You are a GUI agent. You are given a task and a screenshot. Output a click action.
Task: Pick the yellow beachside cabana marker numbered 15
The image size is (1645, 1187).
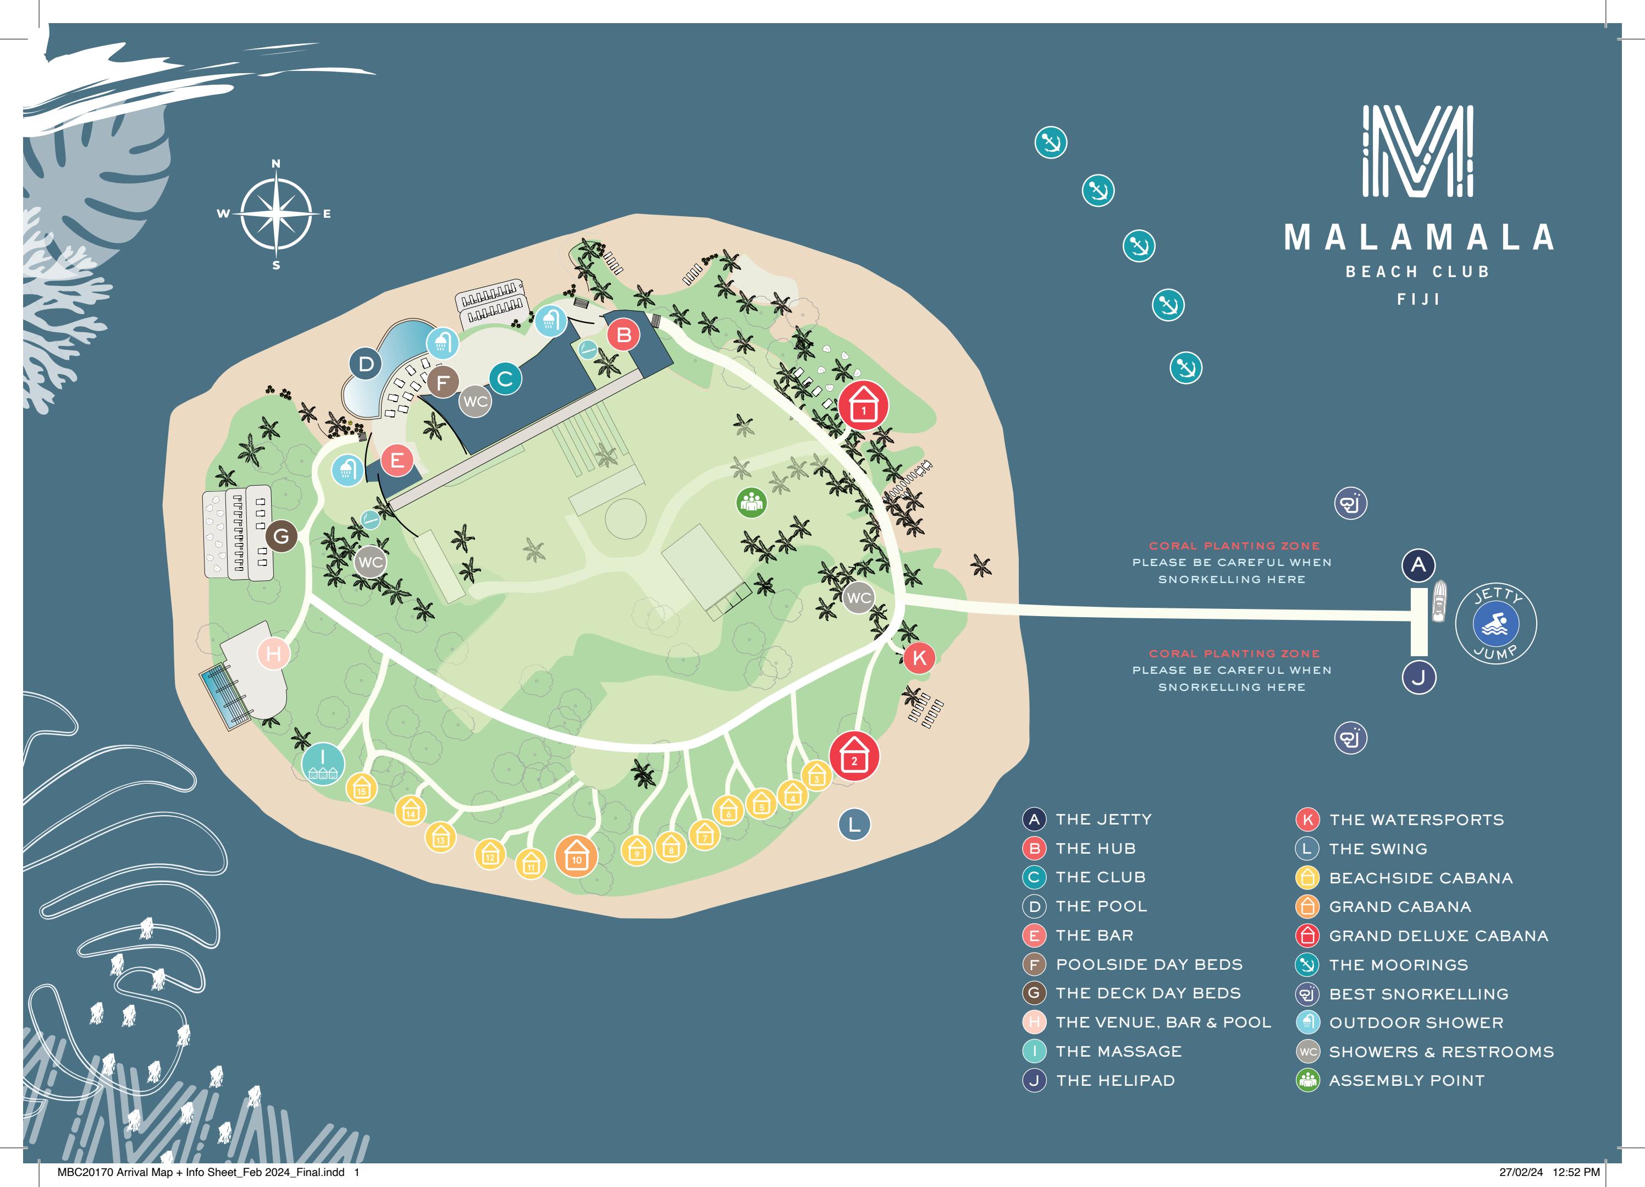[x=361, y=787]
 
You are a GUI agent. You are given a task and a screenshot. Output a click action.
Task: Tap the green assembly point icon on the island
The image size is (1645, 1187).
[x=752, y=502]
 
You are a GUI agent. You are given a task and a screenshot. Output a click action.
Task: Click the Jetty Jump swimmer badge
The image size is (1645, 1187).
[x=1495, y=624]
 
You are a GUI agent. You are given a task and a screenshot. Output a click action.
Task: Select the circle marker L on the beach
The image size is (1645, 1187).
[x=854, y=824]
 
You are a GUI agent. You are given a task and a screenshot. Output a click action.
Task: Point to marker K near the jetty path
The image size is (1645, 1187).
[x=919, y=657]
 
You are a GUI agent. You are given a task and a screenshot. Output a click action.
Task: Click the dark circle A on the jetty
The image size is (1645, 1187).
[x=1418, y=564]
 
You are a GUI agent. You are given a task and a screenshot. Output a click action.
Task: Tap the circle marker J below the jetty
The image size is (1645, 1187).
[x=1418, y=678]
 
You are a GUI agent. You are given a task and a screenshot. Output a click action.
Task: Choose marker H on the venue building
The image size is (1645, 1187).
[x=273, y=653]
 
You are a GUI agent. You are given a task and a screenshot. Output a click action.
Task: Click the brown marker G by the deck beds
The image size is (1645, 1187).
[x=281, y=536]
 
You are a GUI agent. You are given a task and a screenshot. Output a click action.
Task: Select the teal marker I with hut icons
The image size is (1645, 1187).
[x=323, y=762]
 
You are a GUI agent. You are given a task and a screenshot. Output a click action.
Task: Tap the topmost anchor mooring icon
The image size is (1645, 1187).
[x=1050, y=142]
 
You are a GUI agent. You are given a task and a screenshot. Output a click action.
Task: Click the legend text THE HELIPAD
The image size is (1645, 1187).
[x=1115, y=1080]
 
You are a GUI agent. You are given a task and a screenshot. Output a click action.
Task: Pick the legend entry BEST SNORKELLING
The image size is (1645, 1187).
[x=1418, y=994]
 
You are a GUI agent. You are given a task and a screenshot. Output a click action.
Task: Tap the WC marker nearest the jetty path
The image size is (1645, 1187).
[x=859, y=598]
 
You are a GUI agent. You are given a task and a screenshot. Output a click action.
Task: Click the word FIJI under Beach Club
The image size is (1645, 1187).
[x=1418, y=299]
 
